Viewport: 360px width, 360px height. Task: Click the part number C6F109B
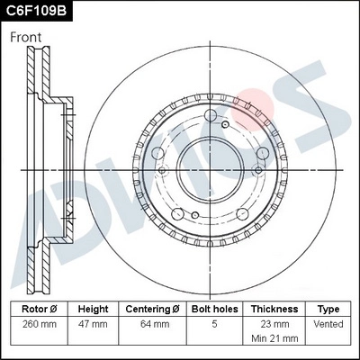(36, 12)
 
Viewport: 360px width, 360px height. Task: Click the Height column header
(92, 308)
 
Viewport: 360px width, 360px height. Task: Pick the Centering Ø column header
(152, 308)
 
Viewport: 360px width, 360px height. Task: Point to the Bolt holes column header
(213, 308)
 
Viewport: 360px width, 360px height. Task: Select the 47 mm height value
(92, 323)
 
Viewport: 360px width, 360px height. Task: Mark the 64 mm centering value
(152, 323)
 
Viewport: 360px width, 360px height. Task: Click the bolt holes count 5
(213, 323)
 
